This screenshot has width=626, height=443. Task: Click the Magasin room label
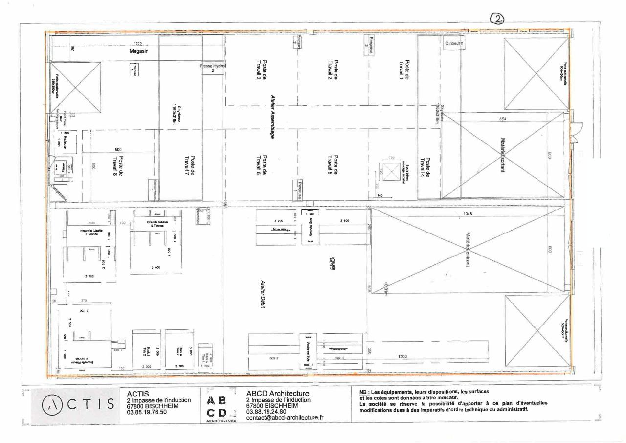coord(139,51)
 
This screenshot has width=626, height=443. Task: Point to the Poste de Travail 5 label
coord(333,168)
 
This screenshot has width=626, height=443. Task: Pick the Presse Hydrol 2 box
coord(212,68)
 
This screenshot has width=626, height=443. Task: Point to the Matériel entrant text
coord(468,250)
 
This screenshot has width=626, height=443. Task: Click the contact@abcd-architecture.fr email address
coord(285,417)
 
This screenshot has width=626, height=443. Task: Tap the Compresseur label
coord(57,192)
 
